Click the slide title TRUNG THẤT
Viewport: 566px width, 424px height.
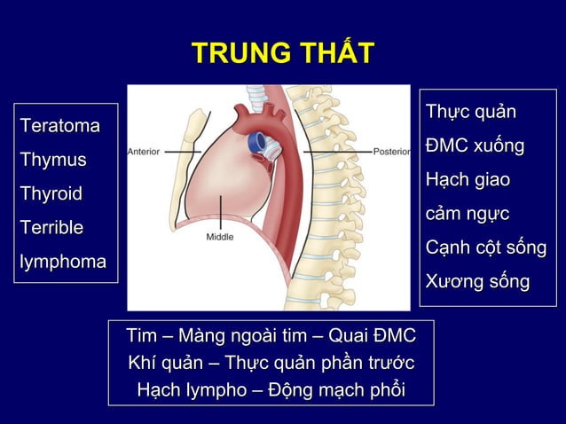283,53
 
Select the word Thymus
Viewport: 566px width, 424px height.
53,161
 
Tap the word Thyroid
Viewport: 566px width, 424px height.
51,193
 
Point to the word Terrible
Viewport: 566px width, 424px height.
51,227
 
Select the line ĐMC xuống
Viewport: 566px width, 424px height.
475,145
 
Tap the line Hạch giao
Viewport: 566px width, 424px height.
468,180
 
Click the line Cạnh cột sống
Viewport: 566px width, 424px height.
485,248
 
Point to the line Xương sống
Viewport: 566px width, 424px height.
477,282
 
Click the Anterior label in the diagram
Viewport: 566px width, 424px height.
144,152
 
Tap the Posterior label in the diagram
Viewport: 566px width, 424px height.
390,152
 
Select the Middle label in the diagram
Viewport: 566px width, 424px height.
220,237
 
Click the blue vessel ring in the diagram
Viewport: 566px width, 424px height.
255,140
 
